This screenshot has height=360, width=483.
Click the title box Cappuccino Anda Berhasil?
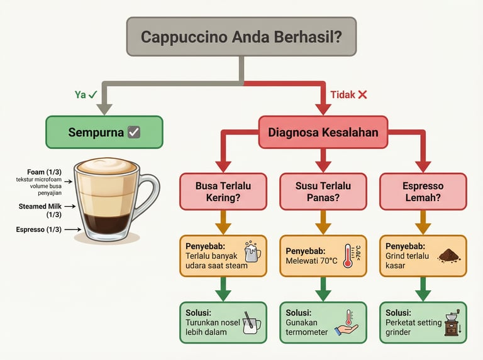pos(241,37)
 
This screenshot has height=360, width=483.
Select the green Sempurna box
pos(104,132)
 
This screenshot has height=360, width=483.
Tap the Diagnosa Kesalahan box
pos(323,132)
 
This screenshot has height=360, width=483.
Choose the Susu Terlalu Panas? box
pos(323,192)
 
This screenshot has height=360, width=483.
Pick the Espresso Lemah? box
pos(423,192)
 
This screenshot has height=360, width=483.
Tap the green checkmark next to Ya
pos(92,95)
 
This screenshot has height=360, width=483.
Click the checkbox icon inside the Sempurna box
pos(133,132)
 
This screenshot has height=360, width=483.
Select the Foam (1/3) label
pos(45,172)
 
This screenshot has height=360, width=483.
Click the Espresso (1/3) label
pos(39,229)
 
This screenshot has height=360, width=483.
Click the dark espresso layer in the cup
pos(104,223)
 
